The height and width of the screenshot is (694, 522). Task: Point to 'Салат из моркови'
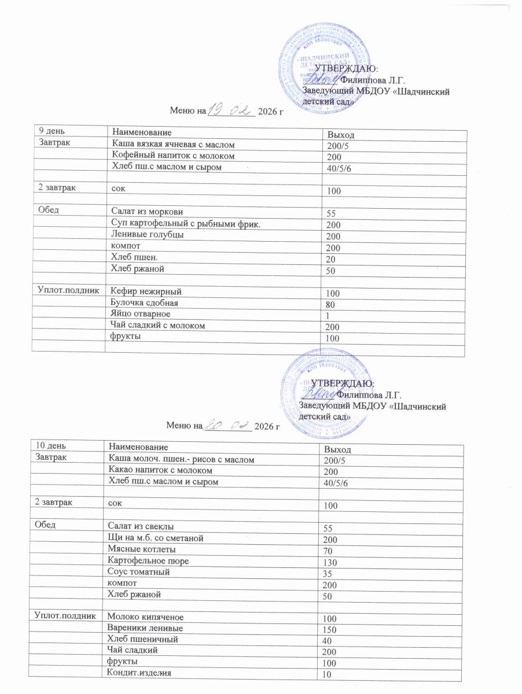[142, 211]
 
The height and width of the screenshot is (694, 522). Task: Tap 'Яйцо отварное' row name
[137, 313]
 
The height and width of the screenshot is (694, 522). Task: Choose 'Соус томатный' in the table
[136, 572]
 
